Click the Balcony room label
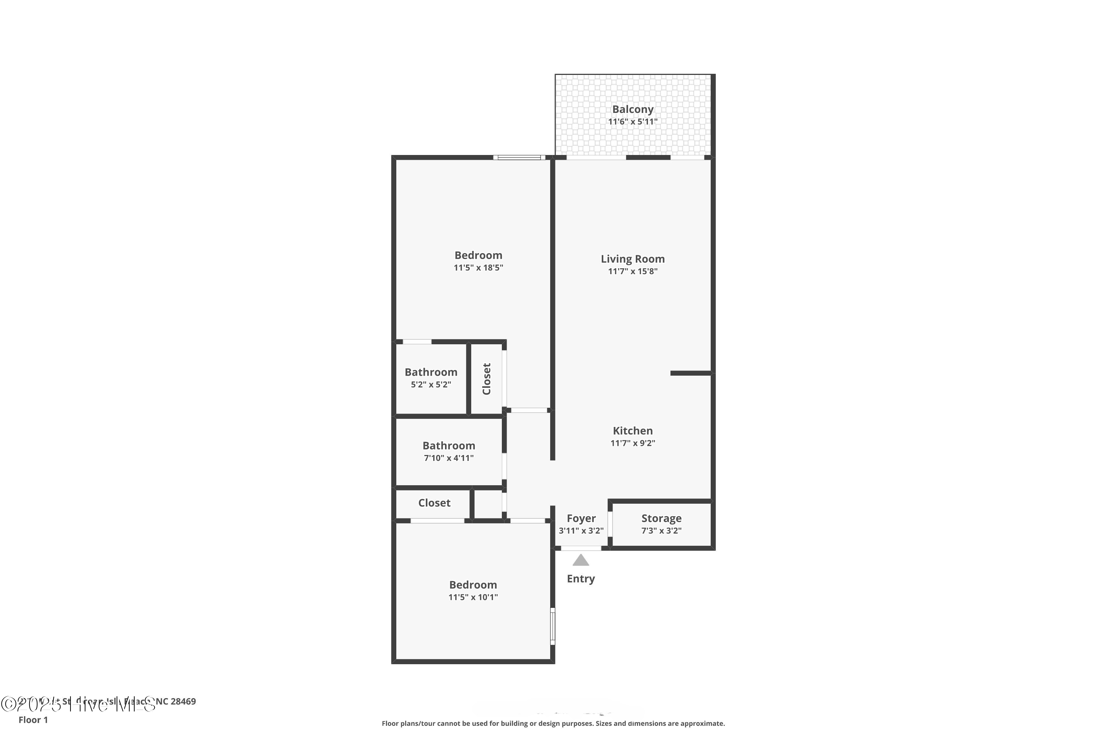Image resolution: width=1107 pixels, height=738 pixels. point(632,109)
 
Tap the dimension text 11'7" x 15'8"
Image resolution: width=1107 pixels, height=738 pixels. point(632,271)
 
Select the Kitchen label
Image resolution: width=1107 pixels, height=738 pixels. point(632,431)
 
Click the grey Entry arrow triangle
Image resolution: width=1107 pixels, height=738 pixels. point(581,560)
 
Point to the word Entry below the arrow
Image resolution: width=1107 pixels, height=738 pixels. point(581,579)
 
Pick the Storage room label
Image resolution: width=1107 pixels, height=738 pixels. point(661,518)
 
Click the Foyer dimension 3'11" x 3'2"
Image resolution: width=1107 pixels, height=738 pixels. point(581,531)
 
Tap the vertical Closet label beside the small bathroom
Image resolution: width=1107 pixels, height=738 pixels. point(487,379)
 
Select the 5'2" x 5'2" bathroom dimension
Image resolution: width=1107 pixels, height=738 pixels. point(431,384)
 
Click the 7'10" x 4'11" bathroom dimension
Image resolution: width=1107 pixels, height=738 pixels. point(449,458)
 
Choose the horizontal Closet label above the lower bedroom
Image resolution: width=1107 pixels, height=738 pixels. point(434,503)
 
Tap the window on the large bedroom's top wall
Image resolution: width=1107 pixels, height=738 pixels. point(519,158)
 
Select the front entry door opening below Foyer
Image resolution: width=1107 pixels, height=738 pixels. point(581,548)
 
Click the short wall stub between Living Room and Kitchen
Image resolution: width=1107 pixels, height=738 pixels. point(690,373)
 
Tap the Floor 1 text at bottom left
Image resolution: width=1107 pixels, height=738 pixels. point(33,720)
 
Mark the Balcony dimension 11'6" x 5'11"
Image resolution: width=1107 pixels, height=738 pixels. point(632,121)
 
